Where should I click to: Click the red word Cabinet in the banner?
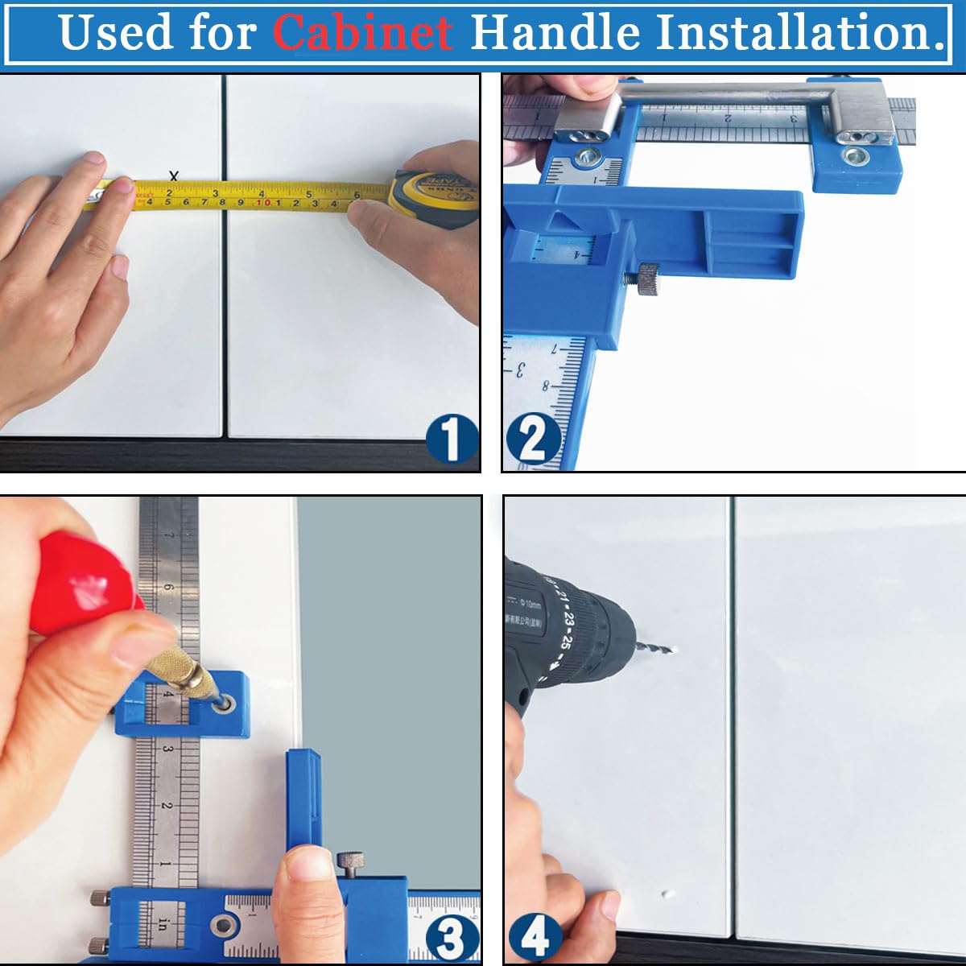[x=362, y=32]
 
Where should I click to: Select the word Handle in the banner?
[x=555, y=32]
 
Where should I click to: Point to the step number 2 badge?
[x=531, y=440]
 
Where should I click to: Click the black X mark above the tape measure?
[x=173, y=176]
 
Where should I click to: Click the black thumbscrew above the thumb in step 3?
[x=349, y=864]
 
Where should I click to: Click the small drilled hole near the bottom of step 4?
[x=667, y=894]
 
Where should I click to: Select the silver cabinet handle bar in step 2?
[x=724, y=94]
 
